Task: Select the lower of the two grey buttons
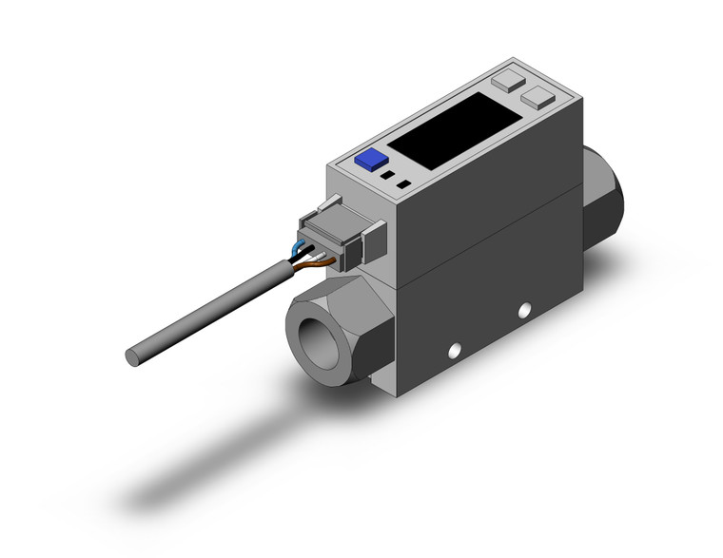(x=538, y=96)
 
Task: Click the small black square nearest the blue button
(x=387, y=176)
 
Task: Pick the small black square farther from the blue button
(x=405, y=183)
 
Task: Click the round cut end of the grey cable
(x=134, y=356)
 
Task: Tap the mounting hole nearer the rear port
(x=522, y=311)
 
